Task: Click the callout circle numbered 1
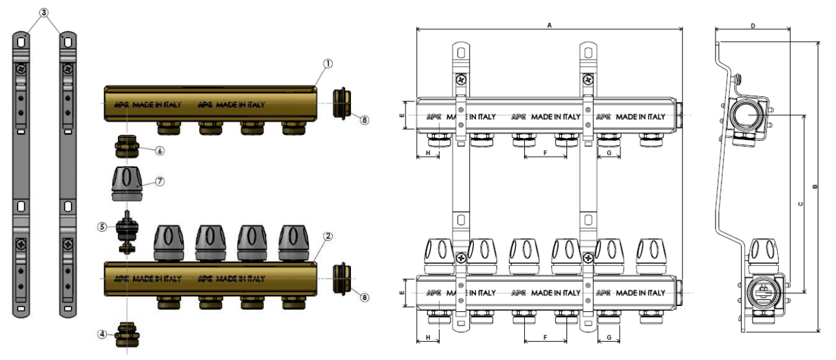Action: tap(327, 63)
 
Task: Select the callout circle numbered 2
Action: tap(328, 236)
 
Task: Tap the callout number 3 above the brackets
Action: tap(43, 12)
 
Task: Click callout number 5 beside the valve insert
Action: tap(102, 227)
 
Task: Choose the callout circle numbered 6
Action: tap(160, 150)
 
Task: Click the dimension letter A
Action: tap(550, 25)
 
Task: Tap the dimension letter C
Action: tap(800, 204)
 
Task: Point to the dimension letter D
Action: tap(753, 25)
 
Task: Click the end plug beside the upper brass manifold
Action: tap(342, 102)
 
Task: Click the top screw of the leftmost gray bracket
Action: tap(21, 69)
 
